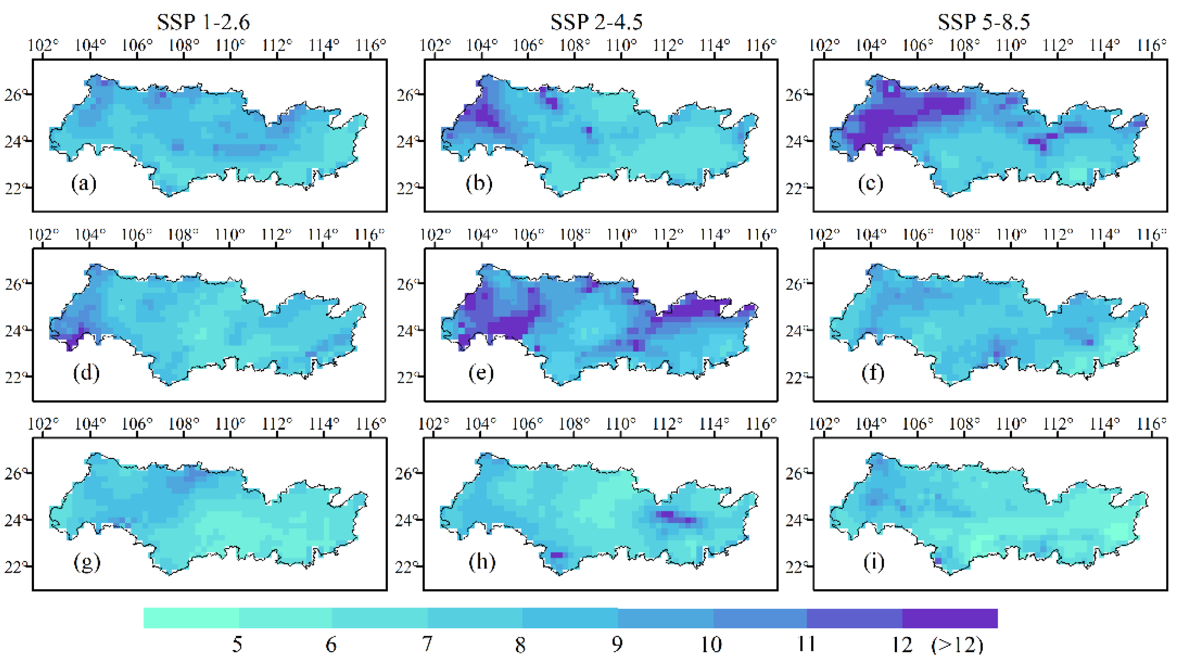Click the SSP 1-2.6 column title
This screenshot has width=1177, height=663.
[x=203, y=22]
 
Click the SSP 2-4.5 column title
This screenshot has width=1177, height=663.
[x=596, y=22]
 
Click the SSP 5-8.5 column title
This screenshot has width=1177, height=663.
[x=984, y=22]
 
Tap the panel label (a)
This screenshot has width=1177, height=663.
[x=83, y=184]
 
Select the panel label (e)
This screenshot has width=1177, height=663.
[x=481, y=373]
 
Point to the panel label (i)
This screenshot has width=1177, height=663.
[x=873, y=562]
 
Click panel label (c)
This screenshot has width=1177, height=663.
[x=870, y=184]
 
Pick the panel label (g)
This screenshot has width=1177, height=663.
[x=86, y=562]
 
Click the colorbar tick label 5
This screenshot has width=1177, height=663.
[x=237, y=644]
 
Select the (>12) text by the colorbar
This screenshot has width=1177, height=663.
[x=957, y=644]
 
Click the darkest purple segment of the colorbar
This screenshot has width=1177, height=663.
[x=949, y=618]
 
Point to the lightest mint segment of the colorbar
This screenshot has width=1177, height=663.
[x=191, y=618]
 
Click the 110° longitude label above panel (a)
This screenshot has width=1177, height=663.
[x=230, y=45]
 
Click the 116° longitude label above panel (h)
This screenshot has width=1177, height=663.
[x=761, y=424]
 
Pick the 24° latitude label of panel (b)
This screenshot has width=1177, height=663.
[x=405, y=142]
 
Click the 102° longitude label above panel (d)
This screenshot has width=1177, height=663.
[x=44, y=235]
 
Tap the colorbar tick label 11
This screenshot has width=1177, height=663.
[x=806, y=644]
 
